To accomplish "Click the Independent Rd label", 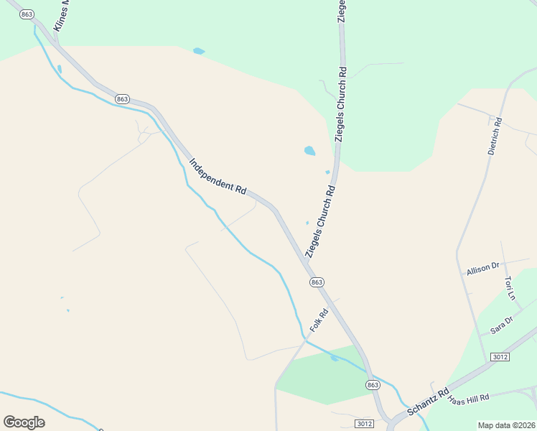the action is pyautogui.click(x=218, y=176).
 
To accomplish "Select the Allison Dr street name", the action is pyautogui.click(x=482, y=269).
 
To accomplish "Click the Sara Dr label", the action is pyautogui.click(x=502, y=325).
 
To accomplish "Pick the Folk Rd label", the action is pyautogui.click(x=319, y=320).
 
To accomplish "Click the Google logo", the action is pyautogui.click(x=24, y=422).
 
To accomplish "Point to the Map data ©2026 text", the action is pyautogui.click(x=506, y=425).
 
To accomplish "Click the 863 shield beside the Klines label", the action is pyautogui.click(x=27, y=14).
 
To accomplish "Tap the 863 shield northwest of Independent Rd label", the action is pyautogui.click(x=122, y=98).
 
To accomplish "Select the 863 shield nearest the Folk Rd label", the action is pyautogui.click(x=317, y=282).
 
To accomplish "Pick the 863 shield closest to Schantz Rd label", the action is pyautogui.click(x=372, y=385).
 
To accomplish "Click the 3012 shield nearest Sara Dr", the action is pyautogui.click(x=500, y=357).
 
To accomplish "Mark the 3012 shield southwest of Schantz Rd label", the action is pyautogui.click(x=364, y=424).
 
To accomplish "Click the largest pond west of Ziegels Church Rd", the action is pyautogui.click(x=309, y=151).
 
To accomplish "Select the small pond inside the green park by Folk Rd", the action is pyautogui.click(x=335, y=358).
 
